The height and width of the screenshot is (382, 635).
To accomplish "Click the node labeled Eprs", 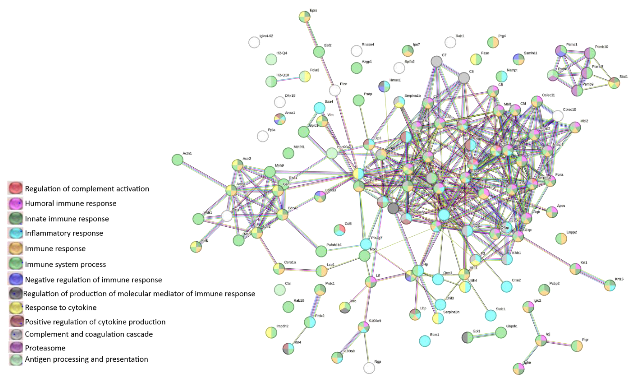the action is (304, 17).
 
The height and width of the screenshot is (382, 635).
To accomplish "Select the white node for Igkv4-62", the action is (254, 42).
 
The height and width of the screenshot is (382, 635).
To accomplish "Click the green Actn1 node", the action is (177, 160).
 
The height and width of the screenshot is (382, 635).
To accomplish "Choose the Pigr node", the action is (577, 346).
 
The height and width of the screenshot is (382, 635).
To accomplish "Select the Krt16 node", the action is (610, 285).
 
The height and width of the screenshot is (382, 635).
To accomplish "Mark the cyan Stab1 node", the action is (490, 315).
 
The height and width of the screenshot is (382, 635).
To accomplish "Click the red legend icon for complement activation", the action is (15, 188).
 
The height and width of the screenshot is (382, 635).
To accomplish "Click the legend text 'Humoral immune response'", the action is (70, 203).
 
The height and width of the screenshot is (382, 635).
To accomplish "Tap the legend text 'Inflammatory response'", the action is (64, 233).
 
